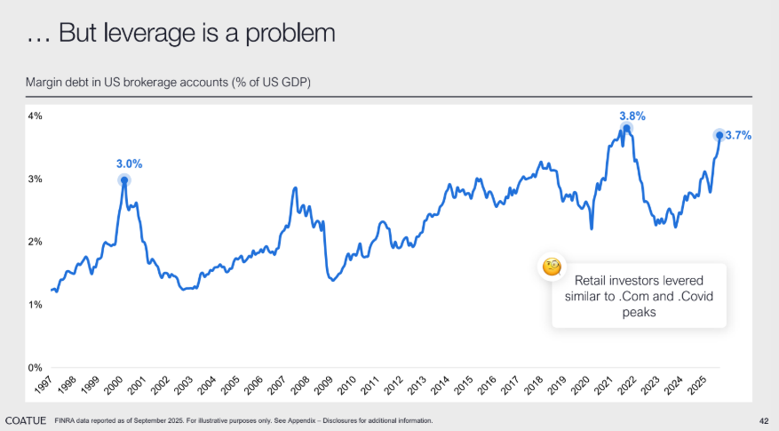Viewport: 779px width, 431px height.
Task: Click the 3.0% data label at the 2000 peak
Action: (129, 164)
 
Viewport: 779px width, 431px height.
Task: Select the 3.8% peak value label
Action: (632, 116)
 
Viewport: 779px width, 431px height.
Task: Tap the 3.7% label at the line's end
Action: (739, 136)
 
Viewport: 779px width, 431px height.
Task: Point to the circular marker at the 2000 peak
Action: (124, 180)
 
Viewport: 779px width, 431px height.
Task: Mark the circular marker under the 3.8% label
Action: (626, 130)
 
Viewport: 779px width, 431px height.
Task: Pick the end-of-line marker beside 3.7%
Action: (719, 135)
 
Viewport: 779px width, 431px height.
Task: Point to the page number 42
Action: (764, 420)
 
